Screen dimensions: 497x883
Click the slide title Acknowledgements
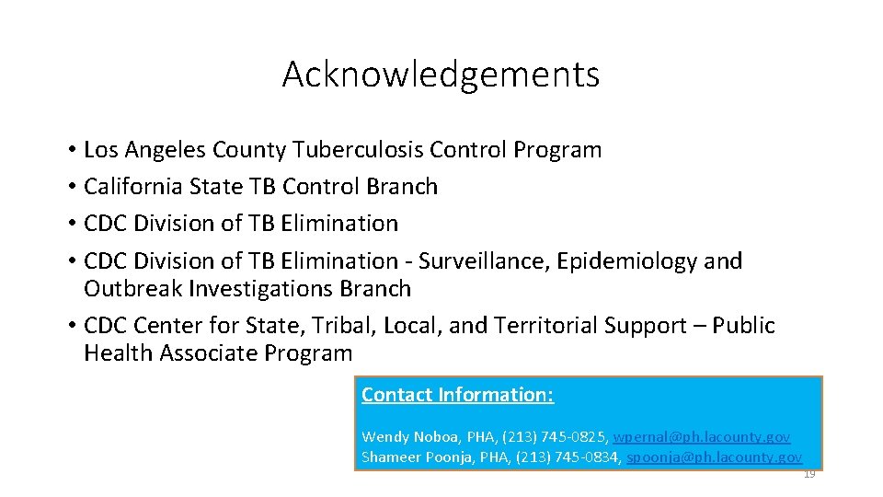441,75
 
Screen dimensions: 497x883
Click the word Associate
211,353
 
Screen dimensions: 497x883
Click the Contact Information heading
457,395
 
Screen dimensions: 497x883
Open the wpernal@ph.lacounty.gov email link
701,437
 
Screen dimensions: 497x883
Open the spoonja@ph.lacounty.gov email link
714,457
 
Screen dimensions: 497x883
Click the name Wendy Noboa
403,437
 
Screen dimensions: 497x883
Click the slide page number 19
809,475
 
